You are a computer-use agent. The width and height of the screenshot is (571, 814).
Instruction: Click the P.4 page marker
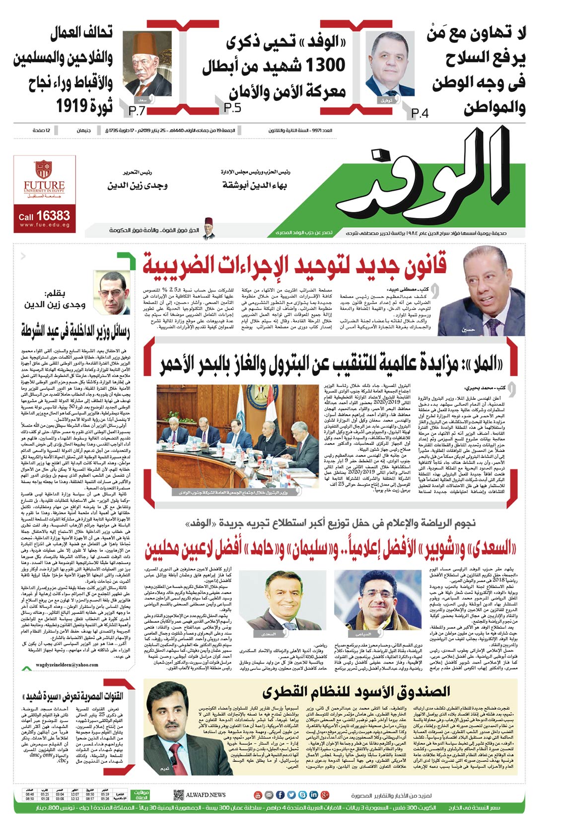point(420,113)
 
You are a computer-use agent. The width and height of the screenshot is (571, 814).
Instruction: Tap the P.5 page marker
point(232,108)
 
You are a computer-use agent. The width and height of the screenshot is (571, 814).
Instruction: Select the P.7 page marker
point(137,111)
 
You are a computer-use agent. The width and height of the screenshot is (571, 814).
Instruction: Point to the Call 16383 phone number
point(44,216)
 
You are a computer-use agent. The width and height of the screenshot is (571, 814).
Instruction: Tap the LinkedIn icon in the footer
point(313,795)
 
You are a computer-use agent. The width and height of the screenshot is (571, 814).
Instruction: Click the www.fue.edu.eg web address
point(44,225)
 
